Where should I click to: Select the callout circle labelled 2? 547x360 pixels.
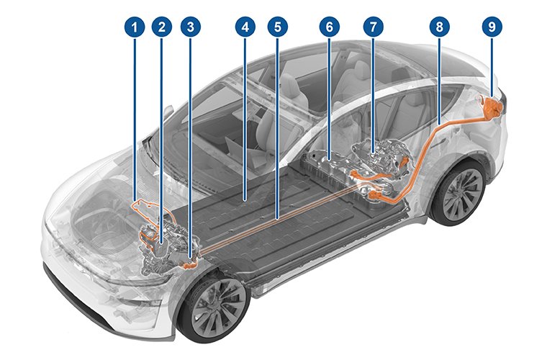click(x=162, y=28)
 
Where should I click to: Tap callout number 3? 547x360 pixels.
click(x=190, y=28)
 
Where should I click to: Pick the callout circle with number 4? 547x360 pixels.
click(x=245, y=28)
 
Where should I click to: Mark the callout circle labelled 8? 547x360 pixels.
click(x=438, y=28)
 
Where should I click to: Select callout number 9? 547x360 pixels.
click(x=492, y=28)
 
